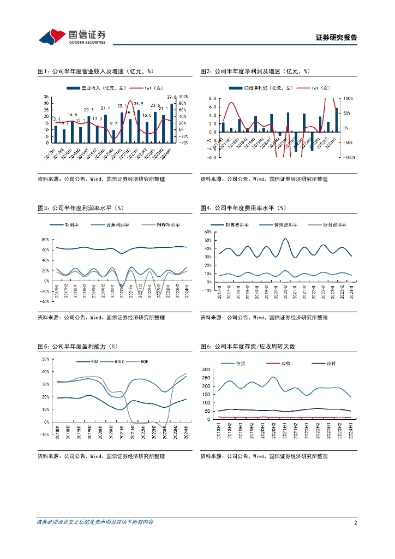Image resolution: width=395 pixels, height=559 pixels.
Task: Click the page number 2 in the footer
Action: coord(355,522)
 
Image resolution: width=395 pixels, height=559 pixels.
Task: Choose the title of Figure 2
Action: coord(255,71)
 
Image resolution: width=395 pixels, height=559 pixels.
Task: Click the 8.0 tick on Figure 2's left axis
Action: coord(213,99)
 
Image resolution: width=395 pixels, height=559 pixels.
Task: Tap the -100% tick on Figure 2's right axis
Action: coord(349,157)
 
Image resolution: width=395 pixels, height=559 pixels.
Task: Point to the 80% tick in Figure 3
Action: coord(45,240)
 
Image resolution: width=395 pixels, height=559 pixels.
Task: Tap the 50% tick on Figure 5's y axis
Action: coord(45,359)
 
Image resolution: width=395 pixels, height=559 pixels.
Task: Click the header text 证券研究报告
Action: coord(337,38)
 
